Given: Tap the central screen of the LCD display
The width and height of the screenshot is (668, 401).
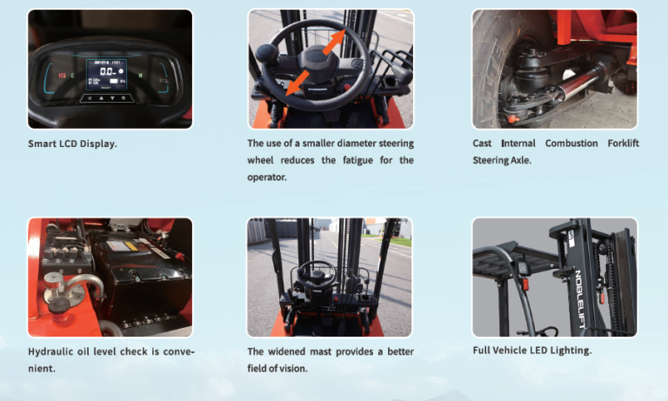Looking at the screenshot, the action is coord(106,75).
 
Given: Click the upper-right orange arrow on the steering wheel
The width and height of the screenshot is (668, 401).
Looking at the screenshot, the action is coord(334,42).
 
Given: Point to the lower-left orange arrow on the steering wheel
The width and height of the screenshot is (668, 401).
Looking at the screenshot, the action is coord(297,83).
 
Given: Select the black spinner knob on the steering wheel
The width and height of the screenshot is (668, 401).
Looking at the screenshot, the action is coord(268,54).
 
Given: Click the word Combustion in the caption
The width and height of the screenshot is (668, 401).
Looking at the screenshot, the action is coord(571,144).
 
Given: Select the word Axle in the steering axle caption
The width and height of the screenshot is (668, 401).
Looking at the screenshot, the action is coord(521,160).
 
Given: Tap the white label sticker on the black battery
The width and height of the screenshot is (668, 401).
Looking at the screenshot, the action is coord(123,246).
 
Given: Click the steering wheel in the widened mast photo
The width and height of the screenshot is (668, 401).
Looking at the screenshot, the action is coord(317,275).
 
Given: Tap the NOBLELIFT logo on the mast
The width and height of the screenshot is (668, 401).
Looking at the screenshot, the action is coord(583,298).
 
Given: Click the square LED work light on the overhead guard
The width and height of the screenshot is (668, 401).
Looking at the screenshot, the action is coord(523,268).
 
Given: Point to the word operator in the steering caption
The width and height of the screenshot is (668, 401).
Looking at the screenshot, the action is coord(267,177).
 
